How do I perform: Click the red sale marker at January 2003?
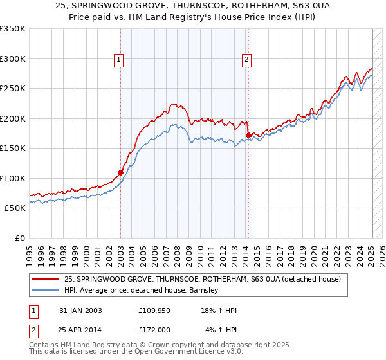pos(120,172)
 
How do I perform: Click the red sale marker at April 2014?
pos(248,135)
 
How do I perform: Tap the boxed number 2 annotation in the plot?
pos(246,60)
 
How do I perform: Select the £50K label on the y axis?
pos(15,208)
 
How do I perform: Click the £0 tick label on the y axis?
pos(19,238)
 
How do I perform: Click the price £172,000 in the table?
pos(154,329)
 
